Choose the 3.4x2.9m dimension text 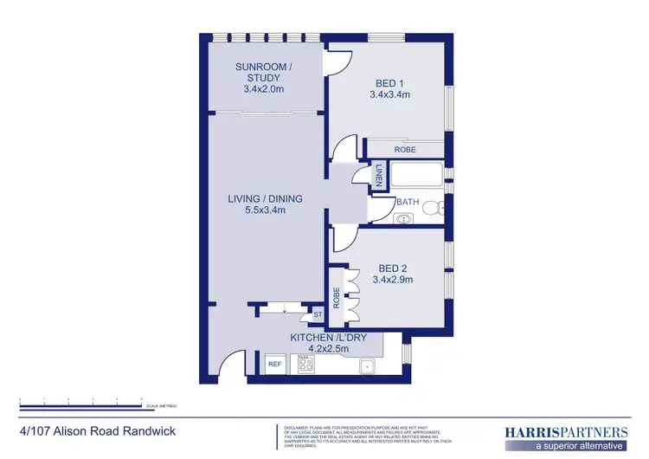click(x=391, y=280)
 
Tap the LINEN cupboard click(x=378, y=177)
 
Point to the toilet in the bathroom click(x=438, y=208)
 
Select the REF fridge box click(x=275, y=365)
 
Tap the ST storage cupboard click(x=318, y=314)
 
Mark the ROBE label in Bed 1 click(x=405, y=150)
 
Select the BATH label click(x=407, y=203)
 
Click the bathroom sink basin click(x=405, y=219)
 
